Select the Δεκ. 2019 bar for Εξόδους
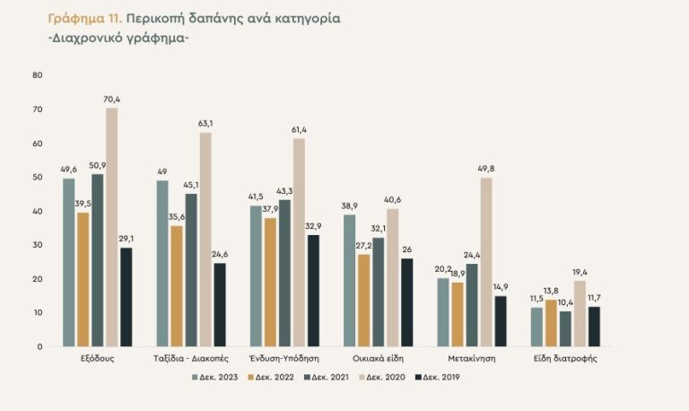[x=126, y=297]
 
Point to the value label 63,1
[x=205, y=123]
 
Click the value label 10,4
[x=565, y=302]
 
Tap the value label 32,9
[x=313, y=225]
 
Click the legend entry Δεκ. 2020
[x=386, y=377]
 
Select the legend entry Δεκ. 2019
[x=442, y=377]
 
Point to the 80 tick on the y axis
[x=38, y=75]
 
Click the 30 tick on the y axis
[x=38, y=245]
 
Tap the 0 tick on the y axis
[x=39, y=346]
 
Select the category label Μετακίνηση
[x=471, y=358]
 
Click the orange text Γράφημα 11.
[x=83, y=17]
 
